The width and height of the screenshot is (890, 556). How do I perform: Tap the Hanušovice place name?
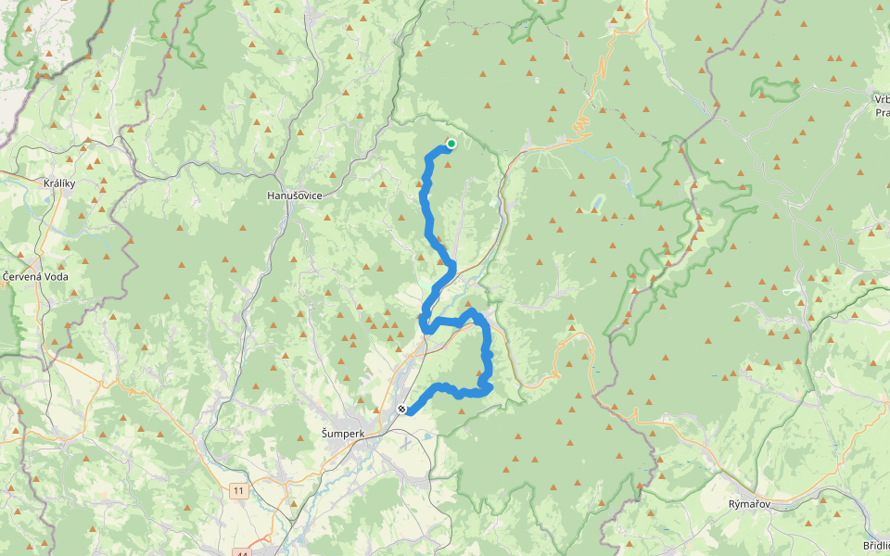pos(294,196)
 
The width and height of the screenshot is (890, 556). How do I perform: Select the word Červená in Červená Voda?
pos(23,276)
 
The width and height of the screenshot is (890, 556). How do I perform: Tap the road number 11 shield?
pos(239,491)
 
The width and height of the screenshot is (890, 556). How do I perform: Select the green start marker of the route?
pos(451,144)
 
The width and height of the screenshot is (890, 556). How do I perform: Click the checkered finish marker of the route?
pos(401,409)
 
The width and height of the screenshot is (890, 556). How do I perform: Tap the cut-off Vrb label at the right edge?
pos(881,98)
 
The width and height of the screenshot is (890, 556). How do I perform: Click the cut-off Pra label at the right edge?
pos(882,112)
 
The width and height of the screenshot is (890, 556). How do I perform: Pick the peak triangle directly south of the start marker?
pos(448,165)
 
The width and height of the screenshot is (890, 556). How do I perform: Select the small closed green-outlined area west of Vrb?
pos(774,88)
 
